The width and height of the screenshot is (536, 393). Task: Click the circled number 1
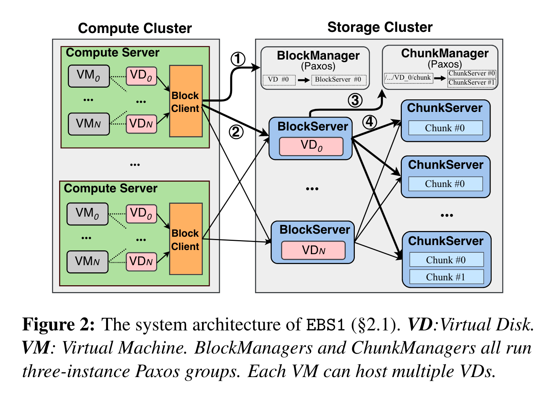[x=238, y=59]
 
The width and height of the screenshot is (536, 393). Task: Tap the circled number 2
[x=236, y=132]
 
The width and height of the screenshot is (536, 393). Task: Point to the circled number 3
[x=355, y=101]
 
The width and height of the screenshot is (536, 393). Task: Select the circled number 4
[x=370, y=122]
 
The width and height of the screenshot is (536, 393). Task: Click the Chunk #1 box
[x=446, y=277]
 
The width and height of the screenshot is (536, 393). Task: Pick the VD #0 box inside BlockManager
[x=279, y=80]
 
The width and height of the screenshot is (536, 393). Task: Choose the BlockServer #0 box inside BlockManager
[x=338, y=80]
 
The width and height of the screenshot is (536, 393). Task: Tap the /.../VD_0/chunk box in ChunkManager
[x=408, y=78]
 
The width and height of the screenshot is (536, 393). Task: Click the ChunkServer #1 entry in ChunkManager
[x=472, y=83]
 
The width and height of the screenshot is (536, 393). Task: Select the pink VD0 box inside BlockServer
[x=311, y=146]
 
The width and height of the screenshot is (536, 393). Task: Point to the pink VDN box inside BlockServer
[x=313, y=250]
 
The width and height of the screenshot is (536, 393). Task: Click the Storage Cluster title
[x=379, y=27]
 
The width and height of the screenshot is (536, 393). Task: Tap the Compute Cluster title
[x=135, y=28]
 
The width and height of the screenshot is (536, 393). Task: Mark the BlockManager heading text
[x=318, y=55]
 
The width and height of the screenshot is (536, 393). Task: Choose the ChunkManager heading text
[x=445, y=53]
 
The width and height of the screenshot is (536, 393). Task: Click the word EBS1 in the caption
[x=326, y=325]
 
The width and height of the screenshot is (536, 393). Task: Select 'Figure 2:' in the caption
[x=58, y=325]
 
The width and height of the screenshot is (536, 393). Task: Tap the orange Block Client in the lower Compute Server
[x=186, y=239]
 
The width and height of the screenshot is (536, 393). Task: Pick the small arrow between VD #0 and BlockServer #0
[x=304, y=80]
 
